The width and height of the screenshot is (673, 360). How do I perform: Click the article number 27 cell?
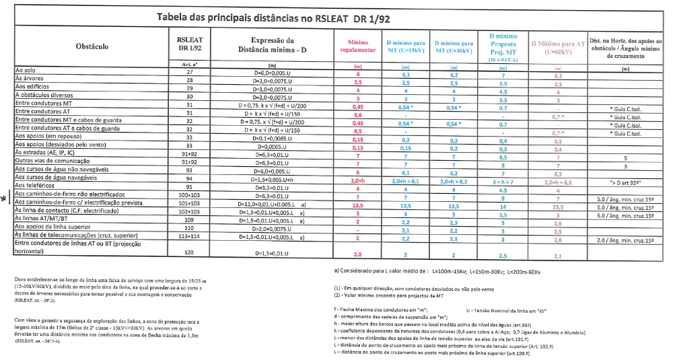(190, 71)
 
